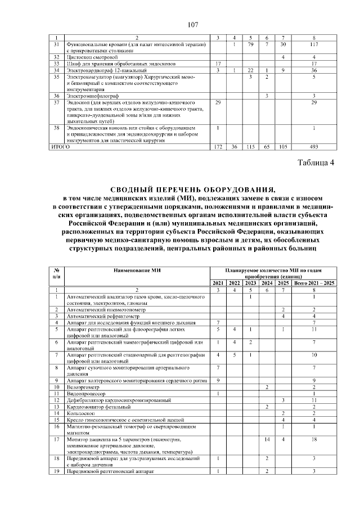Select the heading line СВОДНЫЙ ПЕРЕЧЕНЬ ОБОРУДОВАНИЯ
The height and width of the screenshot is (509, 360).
point(193,189)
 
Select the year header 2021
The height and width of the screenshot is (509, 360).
point(218,282)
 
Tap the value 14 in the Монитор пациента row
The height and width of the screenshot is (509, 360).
point(267,439)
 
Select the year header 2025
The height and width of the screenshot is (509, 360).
point(283,282)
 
